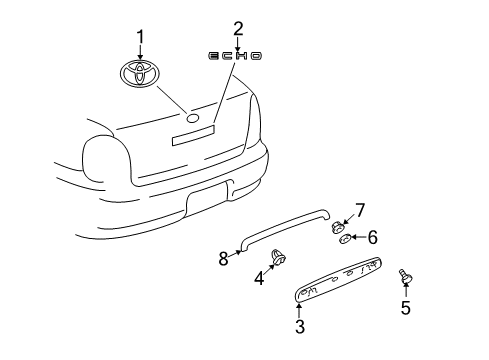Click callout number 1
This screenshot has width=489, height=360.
pos(141,37)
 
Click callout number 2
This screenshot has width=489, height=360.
pos(238,28)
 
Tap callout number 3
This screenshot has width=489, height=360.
pos(298,326)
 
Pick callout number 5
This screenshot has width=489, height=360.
pos(406,309)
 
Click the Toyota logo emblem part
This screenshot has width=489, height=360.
pos(141,73)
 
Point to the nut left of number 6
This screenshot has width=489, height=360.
pos(344,239)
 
